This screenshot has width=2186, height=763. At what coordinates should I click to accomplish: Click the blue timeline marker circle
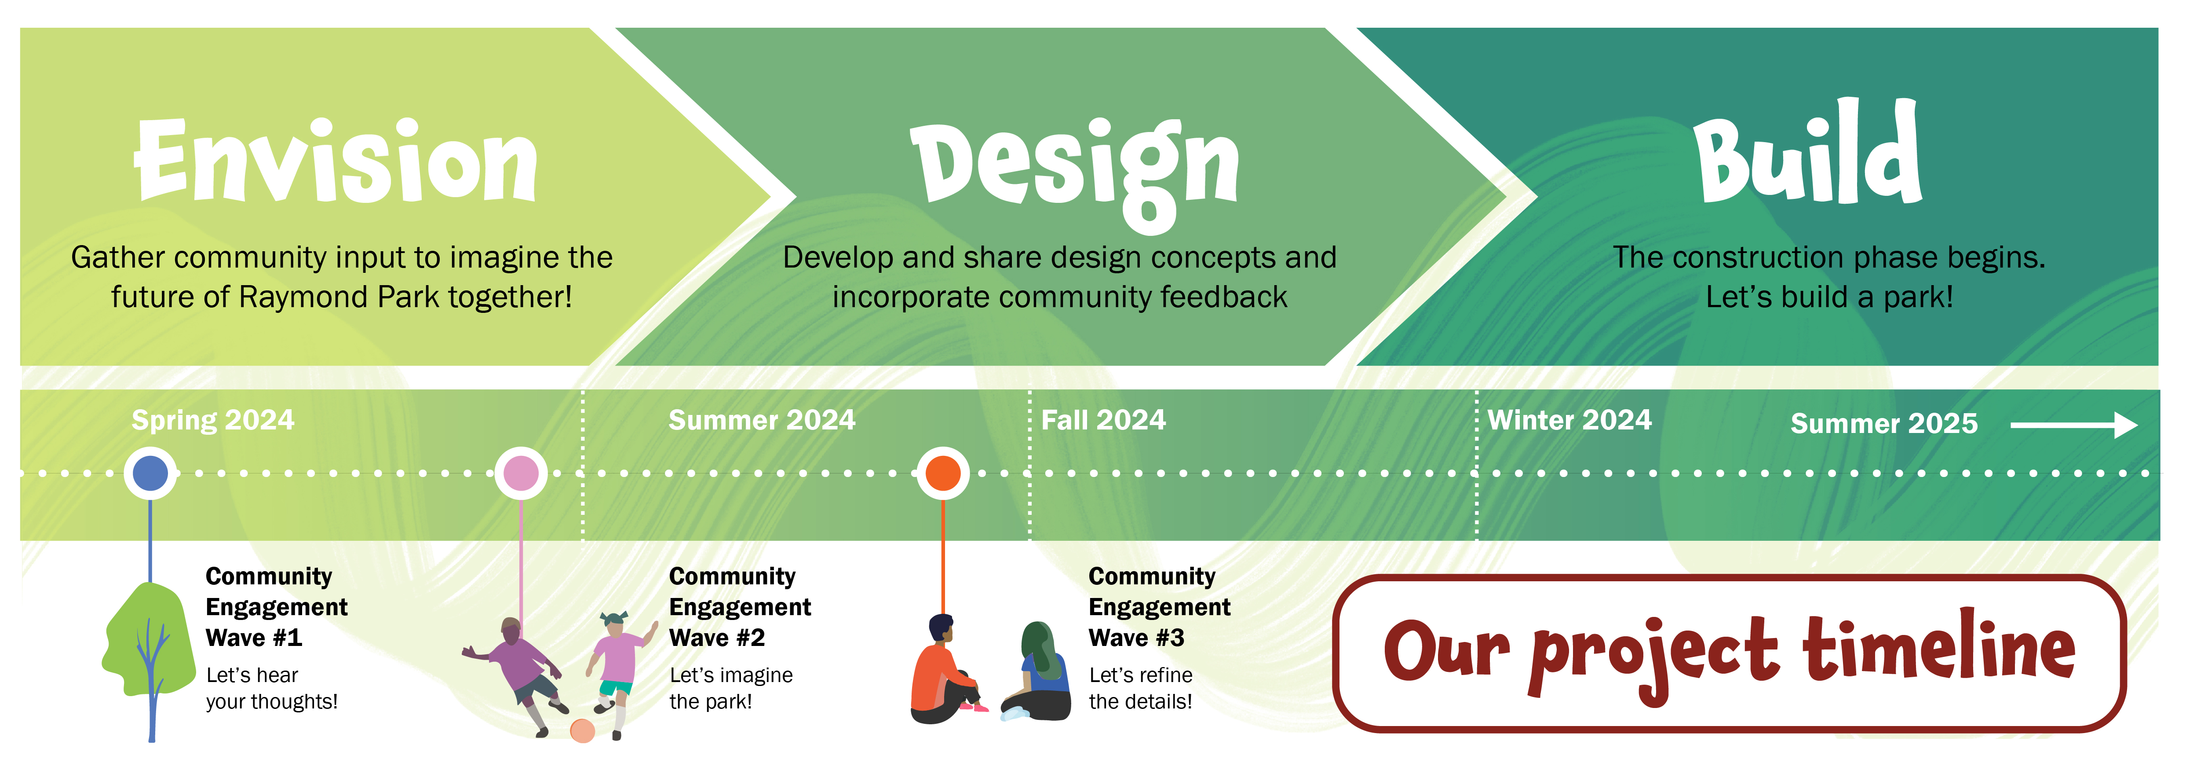[x=150, y=473]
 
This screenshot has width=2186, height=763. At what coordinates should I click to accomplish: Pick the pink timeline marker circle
[x=521, y=473]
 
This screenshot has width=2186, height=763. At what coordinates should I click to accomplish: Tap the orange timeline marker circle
[x=943, y=473]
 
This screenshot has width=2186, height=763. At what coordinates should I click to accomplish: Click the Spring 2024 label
[x=213, y=420]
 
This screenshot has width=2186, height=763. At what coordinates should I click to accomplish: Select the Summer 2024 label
[x=762, y=420]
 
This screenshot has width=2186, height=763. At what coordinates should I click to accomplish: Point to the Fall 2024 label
[x=1103, y=420]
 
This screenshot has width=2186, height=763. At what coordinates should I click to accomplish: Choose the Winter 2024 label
[x=1570, y=420]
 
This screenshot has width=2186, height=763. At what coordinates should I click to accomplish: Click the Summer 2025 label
[x=1884, y=423]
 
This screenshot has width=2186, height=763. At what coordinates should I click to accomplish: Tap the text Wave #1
[x=254, y=638]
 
